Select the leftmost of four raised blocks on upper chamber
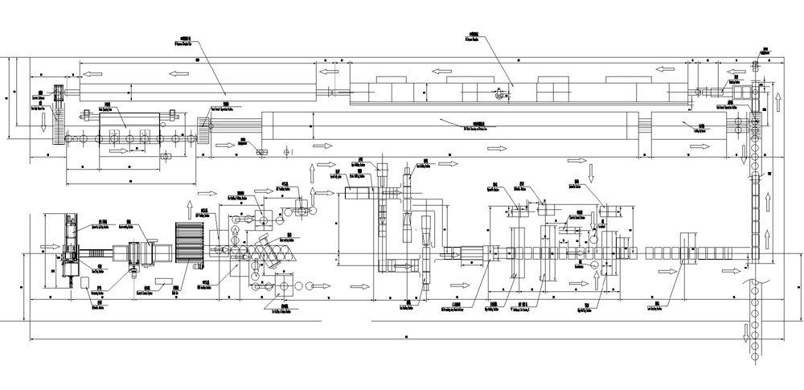pyautogui.click(x=392, y=87)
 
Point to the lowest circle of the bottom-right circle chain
pyautogui.click(x=756, y=356)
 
